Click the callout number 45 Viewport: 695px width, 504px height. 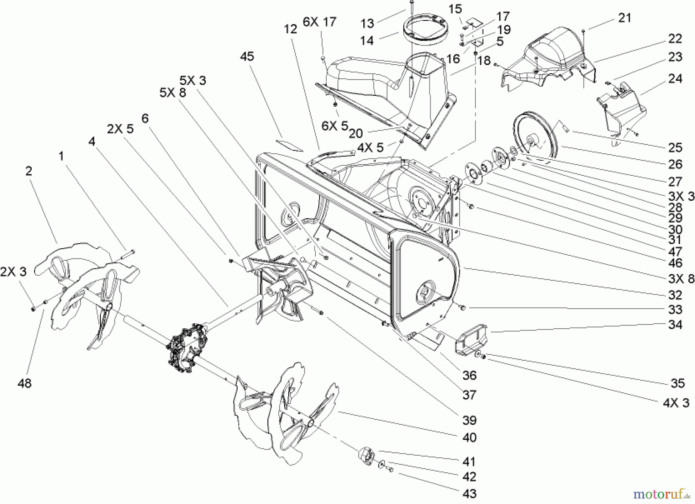[x=247, y=56]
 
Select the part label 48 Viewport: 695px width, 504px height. [x=24, y=383]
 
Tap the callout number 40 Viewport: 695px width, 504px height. [x=469, y=437]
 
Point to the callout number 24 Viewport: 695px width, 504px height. [x=675, y=79]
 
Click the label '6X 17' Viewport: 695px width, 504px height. [x=319, y=22]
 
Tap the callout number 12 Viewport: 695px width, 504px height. [x=291, y=29]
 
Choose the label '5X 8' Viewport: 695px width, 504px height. [x=173, y=93]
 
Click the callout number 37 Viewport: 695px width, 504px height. [x=469, y=395]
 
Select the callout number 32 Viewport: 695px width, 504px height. [x=675, y=295]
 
